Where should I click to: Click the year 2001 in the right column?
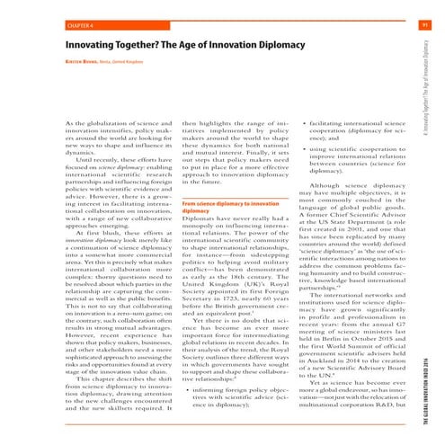tap(348, 178)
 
